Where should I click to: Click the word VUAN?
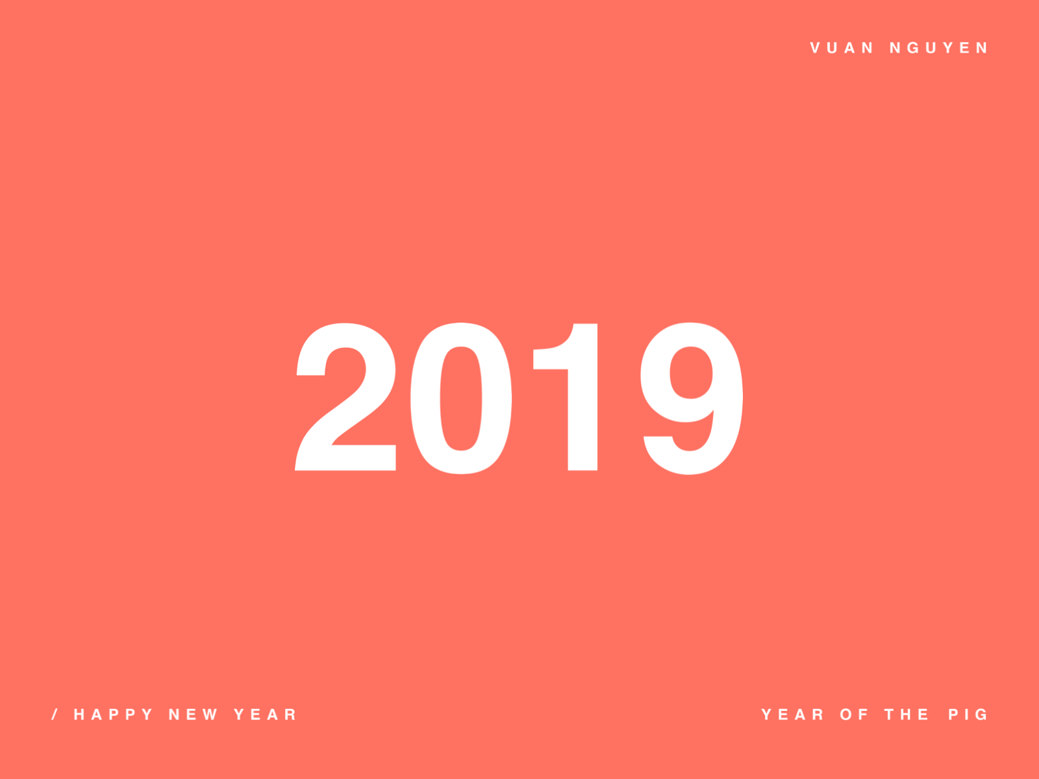click(842, 48)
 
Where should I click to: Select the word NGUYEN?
click(938, 48)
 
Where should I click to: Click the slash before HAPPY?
click(55, 715)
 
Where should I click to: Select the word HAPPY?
click(113, 715)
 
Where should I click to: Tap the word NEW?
click(193, 715)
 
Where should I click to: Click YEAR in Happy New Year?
click(265, 715)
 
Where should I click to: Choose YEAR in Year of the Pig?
click(792, 715)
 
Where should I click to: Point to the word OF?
click(853, 715)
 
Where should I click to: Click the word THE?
click(907, 715)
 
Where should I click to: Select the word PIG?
click(968, 715)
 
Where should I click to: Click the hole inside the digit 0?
click(461, 397)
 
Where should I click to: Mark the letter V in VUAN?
click(816, 48)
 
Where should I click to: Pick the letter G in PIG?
click(981, 715)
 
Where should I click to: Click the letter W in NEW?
click(210, 715)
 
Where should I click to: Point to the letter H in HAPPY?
click(79, 715)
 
